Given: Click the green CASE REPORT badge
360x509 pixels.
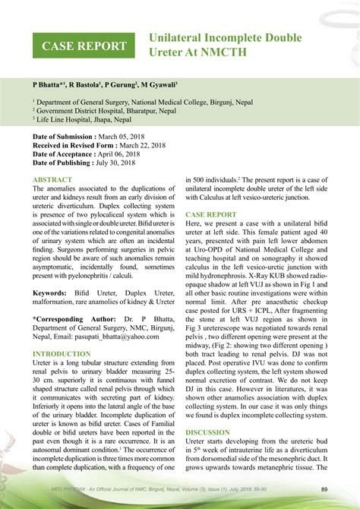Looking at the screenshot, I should click(x=84, y=46).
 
